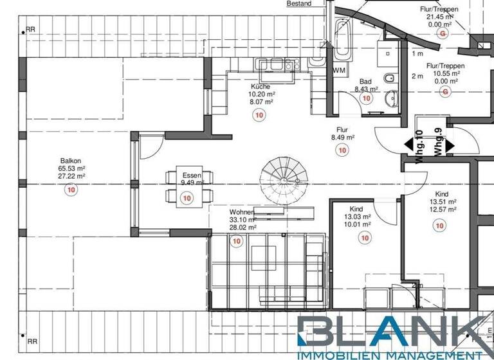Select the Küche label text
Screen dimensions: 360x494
coord(261,86)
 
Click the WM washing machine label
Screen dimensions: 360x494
coord(339,70)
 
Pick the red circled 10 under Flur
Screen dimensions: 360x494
coord(342,150)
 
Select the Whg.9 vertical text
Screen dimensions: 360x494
coord(438,141)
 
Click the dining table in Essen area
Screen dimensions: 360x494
coord(187,186)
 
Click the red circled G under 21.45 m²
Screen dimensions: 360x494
coord(442,33)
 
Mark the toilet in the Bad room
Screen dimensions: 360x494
coord(389,80)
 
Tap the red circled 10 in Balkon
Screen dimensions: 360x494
coord(71,190)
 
